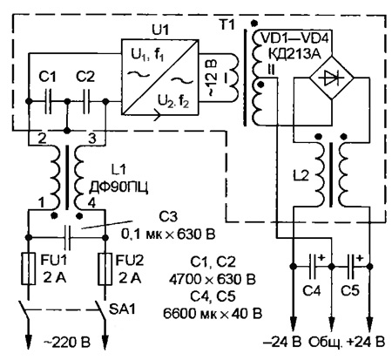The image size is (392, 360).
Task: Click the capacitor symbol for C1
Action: pyautogui.click(x=48, y=101)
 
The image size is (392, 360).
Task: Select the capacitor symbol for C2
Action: pyautogui.click(x=86, y=101)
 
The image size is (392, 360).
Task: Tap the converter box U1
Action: pyautogui.click(x=160, y=78)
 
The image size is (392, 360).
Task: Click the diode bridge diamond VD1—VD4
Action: pyautogui.click(x=332, y=78)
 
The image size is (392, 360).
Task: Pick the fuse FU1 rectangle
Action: pyautogui.click(x=29, y=268)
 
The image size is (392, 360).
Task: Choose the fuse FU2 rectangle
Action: pyautogui.click(x=105, y=268)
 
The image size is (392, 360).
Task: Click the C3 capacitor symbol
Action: pyautogui.click(x=67, y=237)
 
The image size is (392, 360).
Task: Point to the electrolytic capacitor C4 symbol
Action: pyautogui.click(x=313, y=266)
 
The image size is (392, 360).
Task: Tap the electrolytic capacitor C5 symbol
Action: pyautogui.click(x=351, y=266)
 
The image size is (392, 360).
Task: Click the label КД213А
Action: pyautogui.click(x=296, y=53)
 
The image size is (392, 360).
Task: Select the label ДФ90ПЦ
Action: pyautogui.click(x=118, y=187)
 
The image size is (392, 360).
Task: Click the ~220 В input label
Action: pyautogui.click(x=67, y=342)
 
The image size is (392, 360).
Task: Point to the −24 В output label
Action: pyautogui.click(x=282, y=342)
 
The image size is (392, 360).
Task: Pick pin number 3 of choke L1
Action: pyautogui.click(x=91, y=139)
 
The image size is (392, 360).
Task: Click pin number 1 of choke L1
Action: pyautogui.click(x=42, y=203)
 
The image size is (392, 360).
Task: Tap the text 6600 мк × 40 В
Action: pyautogui.click(x=213, y=314)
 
